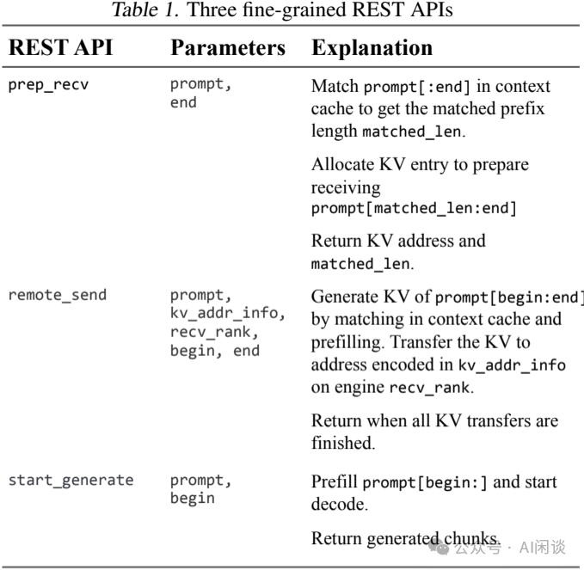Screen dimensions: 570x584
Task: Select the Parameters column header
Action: (228, 47)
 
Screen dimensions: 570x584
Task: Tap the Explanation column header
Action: (372, 47)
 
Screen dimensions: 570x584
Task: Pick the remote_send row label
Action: (58, 295)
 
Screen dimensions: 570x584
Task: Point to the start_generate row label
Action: (71, 480)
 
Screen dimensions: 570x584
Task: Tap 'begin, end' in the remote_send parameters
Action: (215, 350)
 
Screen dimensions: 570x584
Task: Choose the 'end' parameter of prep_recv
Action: (183, 102)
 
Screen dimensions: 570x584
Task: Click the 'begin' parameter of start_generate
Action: (193, 498)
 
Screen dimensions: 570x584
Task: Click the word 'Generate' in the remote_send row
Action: (345, 297)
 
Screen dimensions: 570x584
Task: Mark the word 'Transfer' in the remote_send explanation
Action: (464, 342)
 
